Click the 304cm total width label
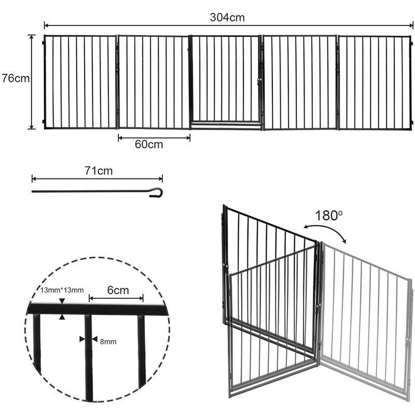point(227,17)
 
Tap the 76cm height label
point(15,79)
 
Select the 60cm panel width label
point(149,145)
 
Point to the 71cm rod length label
point(99,170)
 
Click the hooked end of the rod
point(156,192)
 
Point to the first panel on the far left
point(80,82)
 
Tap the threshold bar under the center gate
point(226,124)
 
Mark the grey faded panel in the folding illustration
point(366,322)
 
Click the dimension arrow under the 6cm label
point(117,298)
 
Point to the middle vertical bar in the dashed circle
point(89,358)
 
